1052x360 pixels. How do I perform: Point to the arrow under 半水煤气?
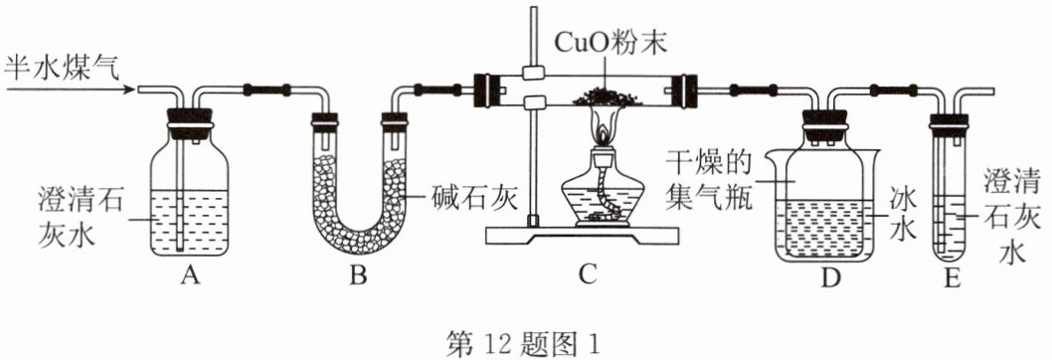point(67,90)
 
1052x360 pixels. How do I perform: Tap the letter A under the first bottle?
point(191,276)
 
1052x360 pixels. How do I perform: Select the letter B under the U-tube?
point(359,276)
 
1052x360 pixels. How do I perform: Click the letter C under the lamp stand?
point(588,276)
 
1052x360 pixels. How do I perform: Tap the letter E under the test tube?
point(951,277)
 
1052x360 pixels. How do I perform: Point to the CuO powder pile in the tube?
point(607,98)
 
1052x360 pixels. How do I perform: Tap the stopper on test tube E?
point(950,121)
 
